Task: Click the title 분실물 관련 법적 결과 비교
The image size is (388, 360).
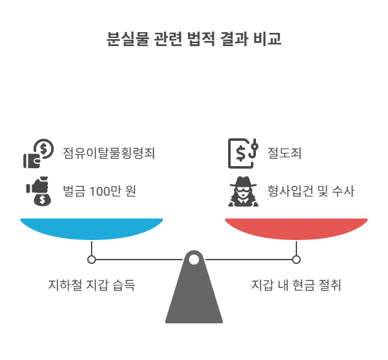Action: coord(194,39)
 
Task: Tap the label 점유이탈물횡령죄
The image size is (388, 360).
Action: coord(109,153)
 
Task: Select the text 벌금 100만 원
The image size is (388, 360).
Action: coord(99,190)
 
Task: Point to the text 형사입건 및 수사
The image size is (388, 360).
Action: coord(311,190)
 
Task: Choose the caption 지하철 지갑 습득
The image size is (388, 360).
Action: coord(92,285)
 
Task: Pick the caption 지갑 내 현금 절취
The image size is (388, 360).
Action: coord(296,285)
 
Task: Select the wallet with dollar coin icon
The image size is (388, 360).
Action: coord(39,154)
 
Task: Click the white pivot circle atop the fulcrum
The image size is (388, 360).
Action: coord(194,259)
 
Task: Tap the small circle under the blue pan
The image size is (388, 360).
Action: coord(92,259)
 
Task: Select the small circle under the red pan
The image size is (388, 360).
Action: coord(296,259)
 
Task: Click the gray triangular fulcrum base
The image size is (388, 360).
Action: coord(194,297)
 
